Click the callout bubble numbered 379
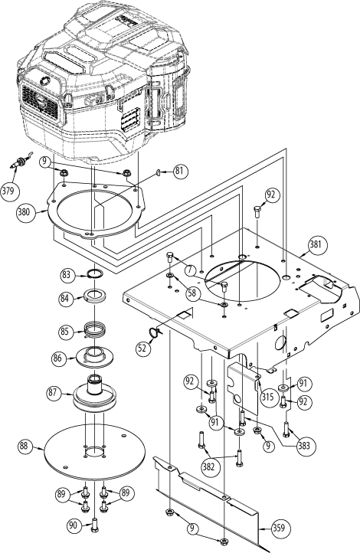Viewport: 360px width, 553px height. [9, 191]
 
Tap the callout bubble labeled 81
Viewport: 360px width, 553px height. [181, 172]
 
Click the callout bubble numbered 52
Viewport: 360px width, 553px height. [142, 347]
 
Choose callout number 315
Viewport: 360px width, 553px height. [267, 397]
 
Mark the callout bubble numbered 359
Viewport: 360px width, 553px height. [281, 528]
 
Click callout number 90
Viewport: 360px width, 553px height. [73, 526]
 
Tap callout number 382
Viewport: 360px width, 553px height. [208, 466]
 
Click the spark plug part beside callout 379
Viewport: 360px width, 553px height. [20, 161]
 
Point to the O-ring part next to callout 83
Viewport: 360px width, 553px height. [95, 273]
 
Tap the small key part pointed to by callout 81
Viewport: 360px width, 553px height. [158, 172]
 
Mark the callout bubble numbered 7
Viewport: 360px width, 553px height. [191, 270]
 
